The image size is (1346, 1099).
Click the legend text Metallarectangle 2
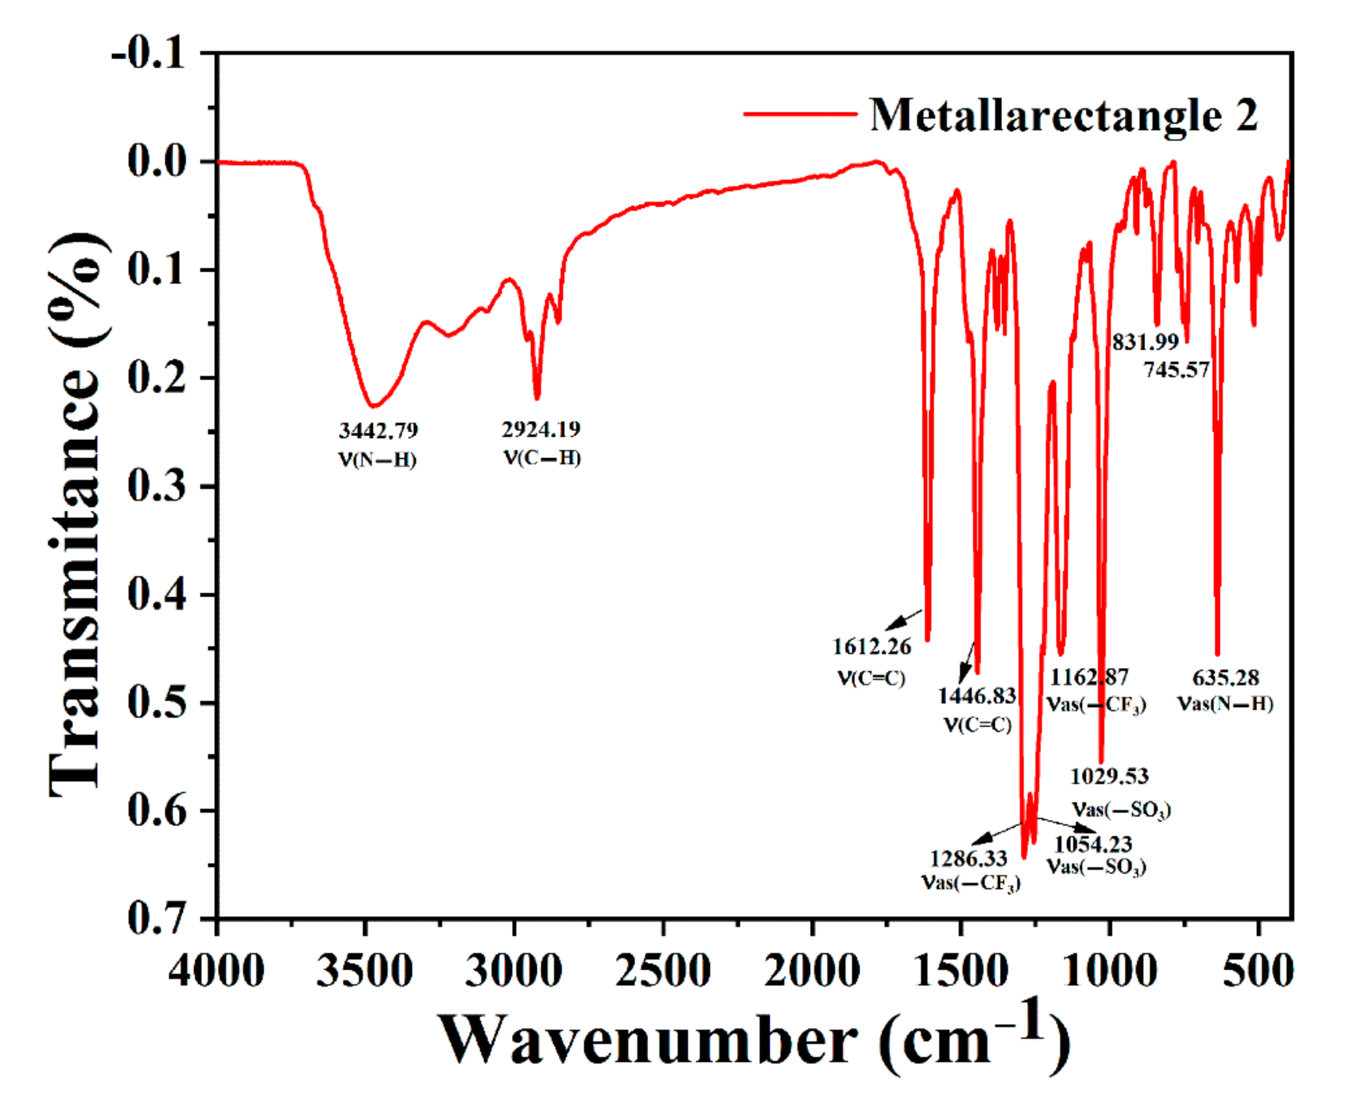tap(1064, 115)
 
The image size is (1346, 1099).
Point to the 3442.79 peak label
tap(378, 431)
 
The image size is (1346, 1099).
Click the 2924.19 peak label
tap(541, 429)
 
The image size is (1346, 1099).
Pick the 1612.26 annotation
tap(871, 647)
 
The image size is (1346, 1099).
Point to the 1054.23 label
tap(1093, 844)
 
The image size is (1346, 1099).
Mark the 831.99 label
tap(1145, 342)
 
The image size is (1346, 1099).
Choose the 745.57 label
tap(1176, 369)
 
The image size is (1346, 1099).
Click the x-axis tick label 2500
tap(663, 970)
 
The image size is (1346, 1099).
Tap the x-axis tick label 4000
tap(217, 970)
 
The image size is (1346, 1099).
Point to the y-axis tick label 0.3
tap(156, 487)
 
